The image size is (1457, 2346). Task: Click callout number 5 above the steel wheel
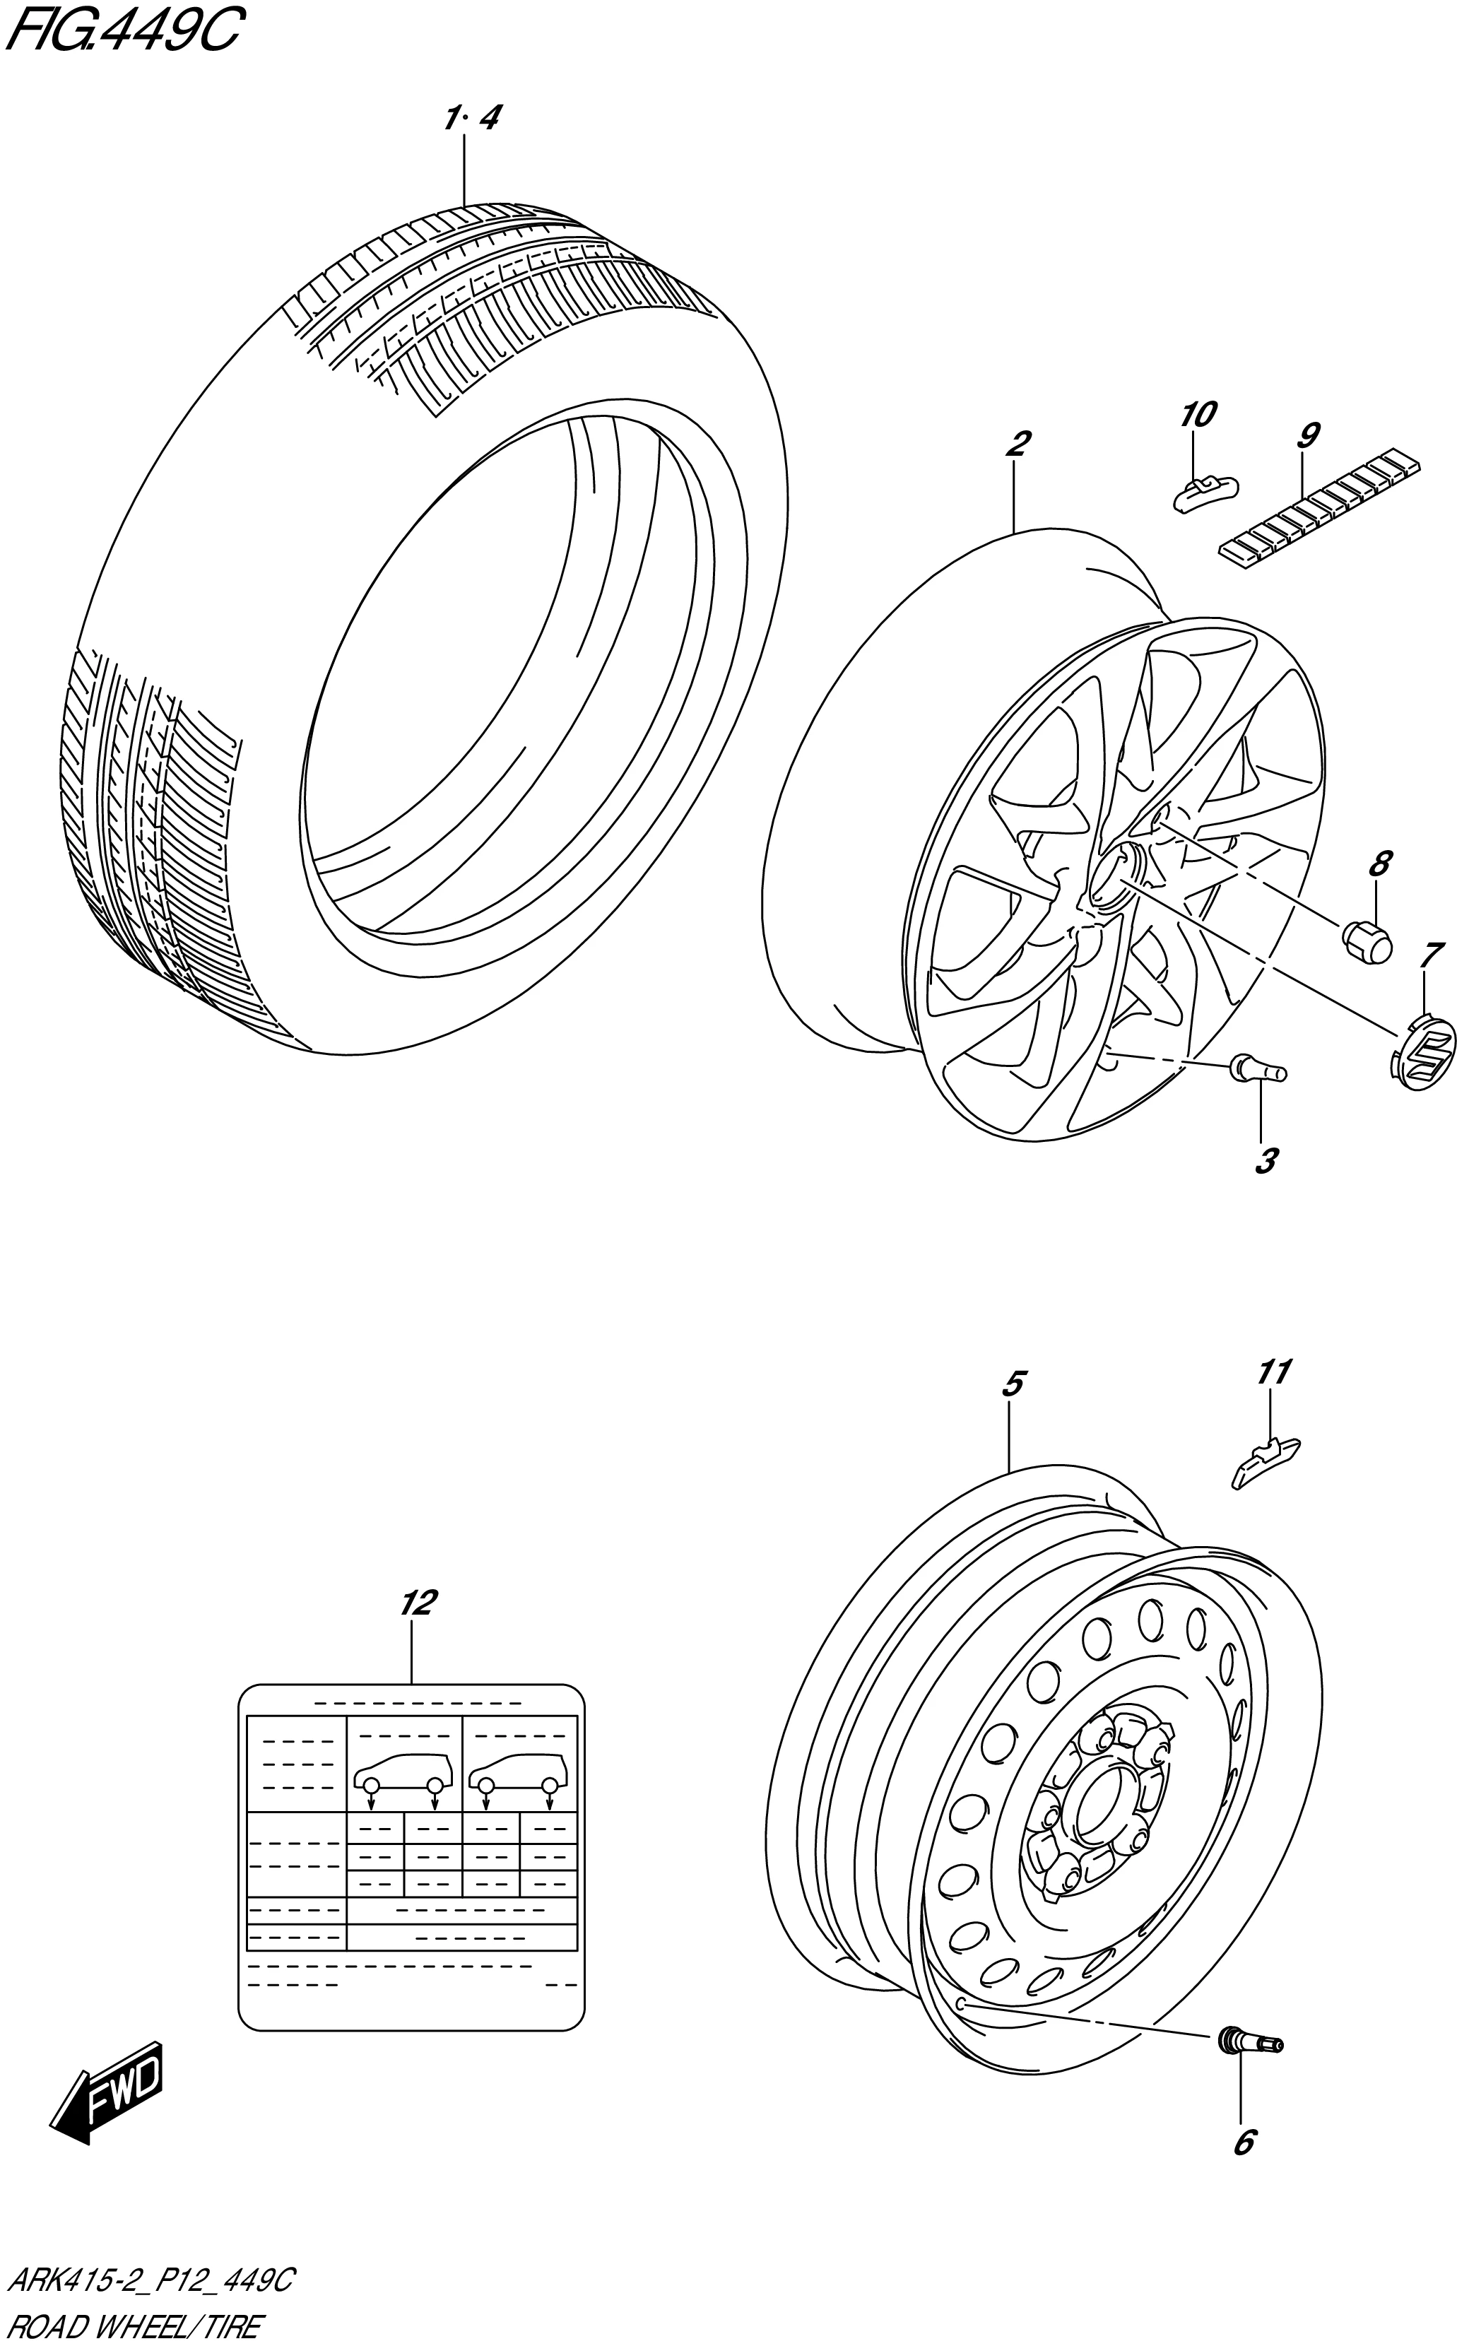coord(1012,1384)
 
